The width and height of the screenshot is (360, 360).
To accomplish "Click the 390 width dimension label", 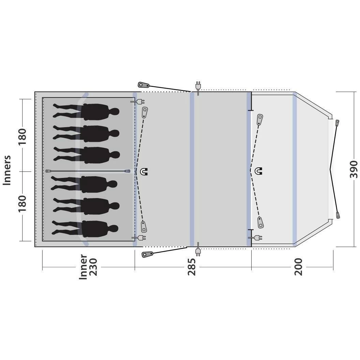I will coord(354,169).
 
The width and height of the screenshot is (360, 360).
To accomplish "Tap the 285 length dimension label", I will coord(192,267).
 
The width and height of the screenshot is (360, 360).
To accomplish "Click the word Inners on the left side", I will coord(7,170).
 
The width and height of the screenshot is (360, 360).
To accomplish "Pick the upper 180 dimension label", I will coord(22,136).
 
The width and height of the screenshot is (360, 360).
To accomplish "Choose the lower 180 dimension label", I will coord(22,204).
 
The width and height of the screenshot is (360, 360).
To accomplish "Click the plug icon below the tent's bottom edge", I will coord(198,252).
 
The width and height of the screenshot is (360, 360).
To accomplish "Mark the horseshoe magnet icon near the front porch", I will coord(259,171).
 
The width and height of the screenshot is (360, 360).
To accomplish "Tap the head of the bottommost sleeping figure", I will coord(114,228).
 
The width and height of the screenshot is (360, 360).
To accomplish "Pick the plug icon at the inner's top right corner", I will coord(139,101).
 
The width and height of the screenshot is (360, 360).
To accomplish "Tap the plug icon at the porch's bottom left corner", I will coord(256,236).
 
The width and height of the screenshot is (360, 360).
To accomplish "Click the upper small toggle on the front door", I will coord(337,123).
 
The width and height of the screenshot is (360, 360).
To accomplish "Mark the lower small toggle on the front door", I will coord(338,215).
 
